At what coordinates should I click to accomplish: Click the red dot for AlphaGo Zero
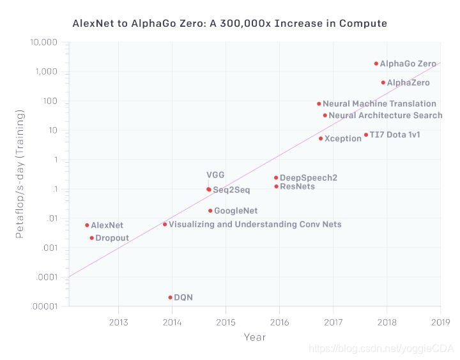[376, 64]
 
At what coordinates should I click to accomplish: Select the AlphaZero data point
[383, 82]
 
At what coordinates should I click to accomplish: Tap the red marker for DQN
[170, 297]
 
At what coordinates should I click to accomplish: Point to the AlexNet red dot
[87, 225]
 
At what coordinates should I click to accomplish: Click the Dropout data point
[91, 238]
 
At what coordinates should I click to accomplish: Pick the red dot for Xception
[321, 139]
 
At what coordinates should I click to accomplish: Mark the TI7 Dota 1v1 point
[366, 135]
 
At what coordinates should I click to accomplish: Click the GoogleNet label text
[235, 211]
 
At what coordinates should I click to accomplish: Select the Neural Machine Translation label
[379, 103]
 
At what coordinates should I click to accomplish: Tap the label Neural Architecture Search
[385, 116]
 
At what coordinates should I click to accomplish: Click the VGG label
[215, 175]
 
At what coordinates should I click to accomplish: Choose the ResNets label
[297, 186]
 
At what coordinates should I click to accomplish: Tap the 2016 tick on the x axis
[279, 322]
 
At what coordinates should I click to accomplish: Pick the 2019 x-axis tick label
[440, 322]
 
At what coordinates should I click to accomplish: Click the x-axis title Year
[254, 337]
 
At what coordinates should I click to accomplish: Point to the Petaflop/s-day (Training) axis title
[20, 174]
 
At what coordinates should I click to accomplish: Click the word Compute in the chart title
[364, 24]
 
